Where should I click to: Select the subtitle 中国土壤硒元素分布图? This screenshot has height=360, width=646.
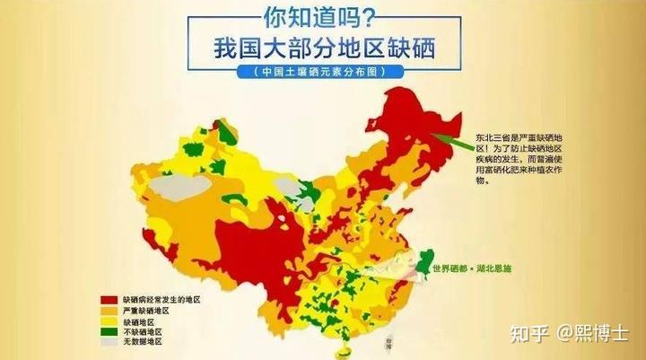point(323,72)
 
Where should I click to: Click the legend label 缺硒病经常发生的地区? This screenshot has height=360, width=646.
point(161,298)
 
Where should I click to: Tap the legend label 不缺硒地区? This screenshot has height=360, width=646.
point(142,331)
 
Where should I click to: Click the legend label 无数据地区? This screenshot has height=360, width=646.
point(142,342)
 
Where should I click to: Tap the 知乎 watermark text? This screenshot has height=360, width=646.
point(528,335)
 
